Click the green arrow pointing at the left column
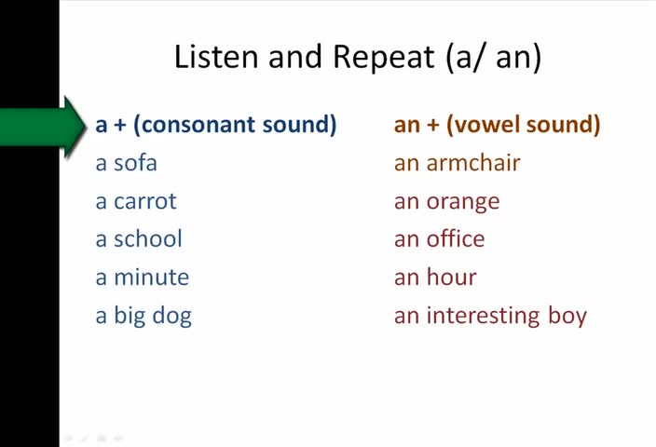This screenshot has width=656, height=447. tap(42, 127)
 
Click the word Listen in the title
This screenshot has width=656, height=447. tap(216, 57)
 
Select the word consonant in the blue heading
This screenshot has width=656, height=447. tap(198, 125)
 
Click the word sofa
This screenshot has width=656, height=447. tap(135, 162)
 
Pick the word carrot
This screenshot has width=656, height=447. tap(145, 201)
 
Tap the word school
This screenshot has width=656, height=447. tap(148, 238)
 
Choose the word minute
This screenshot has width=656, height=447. tap(152, 278)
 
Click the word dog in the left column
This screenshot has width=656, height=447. tap(172, 317)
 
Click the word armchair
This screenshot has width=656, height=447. tap(473, 162)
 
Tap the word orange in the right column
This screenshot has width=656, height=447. tap(463, 202)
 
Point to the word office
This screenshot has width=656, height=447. tap(456, 238)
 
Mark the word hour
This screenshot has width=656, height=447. tap(451, 277)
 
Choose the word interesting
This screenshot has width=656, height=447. tap(484, 316)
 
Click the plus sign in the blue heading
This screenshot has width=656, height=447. tap(120, 125)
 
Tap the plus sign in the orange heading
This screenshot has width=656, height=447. tap(433, 125)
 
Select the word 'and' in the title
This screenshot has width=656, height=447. tap(295, 57)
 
